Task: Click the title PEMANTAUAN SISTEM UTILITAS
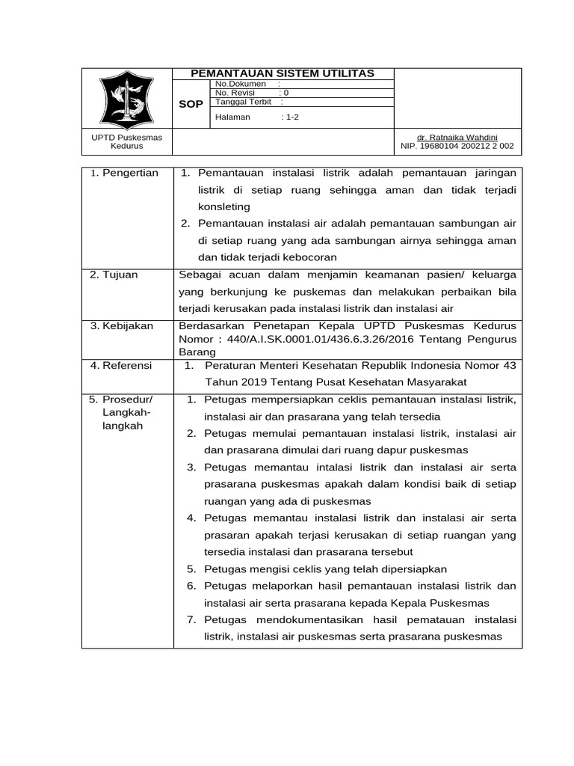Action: click(x=283, y=73)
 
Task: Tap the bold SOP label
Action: click(x=191, y=104)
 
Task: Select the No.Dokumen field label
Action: click(x=235, y=84)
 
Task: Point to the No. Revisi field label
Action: click(x=236, y=93)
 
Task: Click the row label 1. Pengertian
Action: click(x=124, y=174)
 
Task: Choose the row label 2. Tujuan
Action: click(x=114, y=275)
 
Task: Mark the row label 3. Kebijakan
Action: click(x=121, y=326)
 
